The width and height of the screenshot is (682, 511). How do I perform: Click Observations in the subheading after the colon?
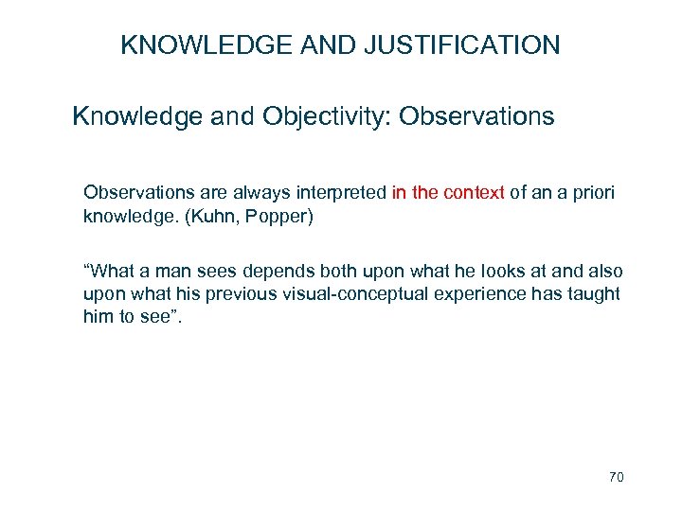(x=477, y=117)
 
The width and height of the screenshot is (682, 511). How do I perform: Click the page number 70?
(x=616, y=478)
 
